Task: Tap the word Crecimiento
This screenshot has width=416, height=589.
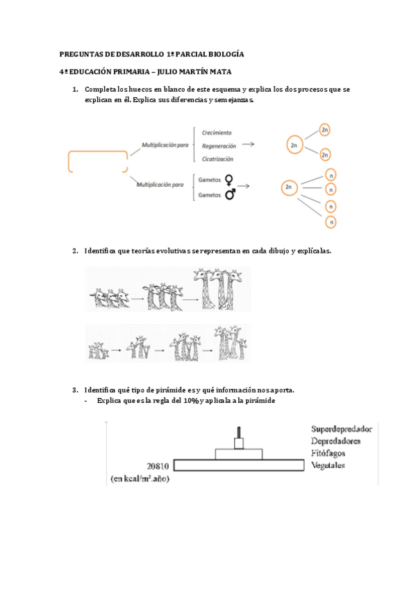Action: (217, 133)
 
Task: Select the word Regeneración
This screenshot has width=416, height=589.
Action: (219, 146)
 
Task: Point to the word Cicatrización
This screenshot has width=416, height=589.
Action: (217, 159)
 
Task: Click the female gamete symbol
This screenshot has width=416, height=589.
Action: (228, 181)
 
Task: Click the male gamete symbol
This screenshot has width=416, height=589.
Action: (230, 194)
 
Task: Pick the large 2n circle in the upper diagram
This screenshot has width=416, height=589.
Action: (294, 145)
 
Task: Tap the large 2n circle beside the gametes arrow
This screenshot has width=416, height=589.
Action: (289, 187)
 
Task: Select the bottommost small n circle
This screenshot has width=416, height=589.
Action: (331, 222)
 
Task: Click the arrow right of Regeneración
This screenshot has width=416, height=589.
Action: (248, 144)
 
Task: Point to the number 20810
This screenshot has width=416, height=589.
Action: (158, 466)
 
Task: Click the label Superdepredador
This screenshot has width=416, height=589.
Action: (342, 429)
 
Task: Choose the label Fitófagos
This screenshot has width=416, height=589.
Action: (328, 453)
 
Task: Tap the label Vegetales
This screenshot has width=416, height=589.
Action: (328, 465)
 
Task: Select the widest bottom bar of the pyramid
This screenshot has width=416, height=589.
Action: (239, 465)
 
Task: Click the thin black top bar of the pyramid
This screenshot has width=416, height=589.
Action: (239, 432)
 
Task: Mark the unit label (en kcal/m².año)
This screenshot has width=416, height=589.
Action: (140, 479)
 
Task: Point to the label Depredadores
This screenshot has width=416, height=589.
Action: (335, 441)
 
